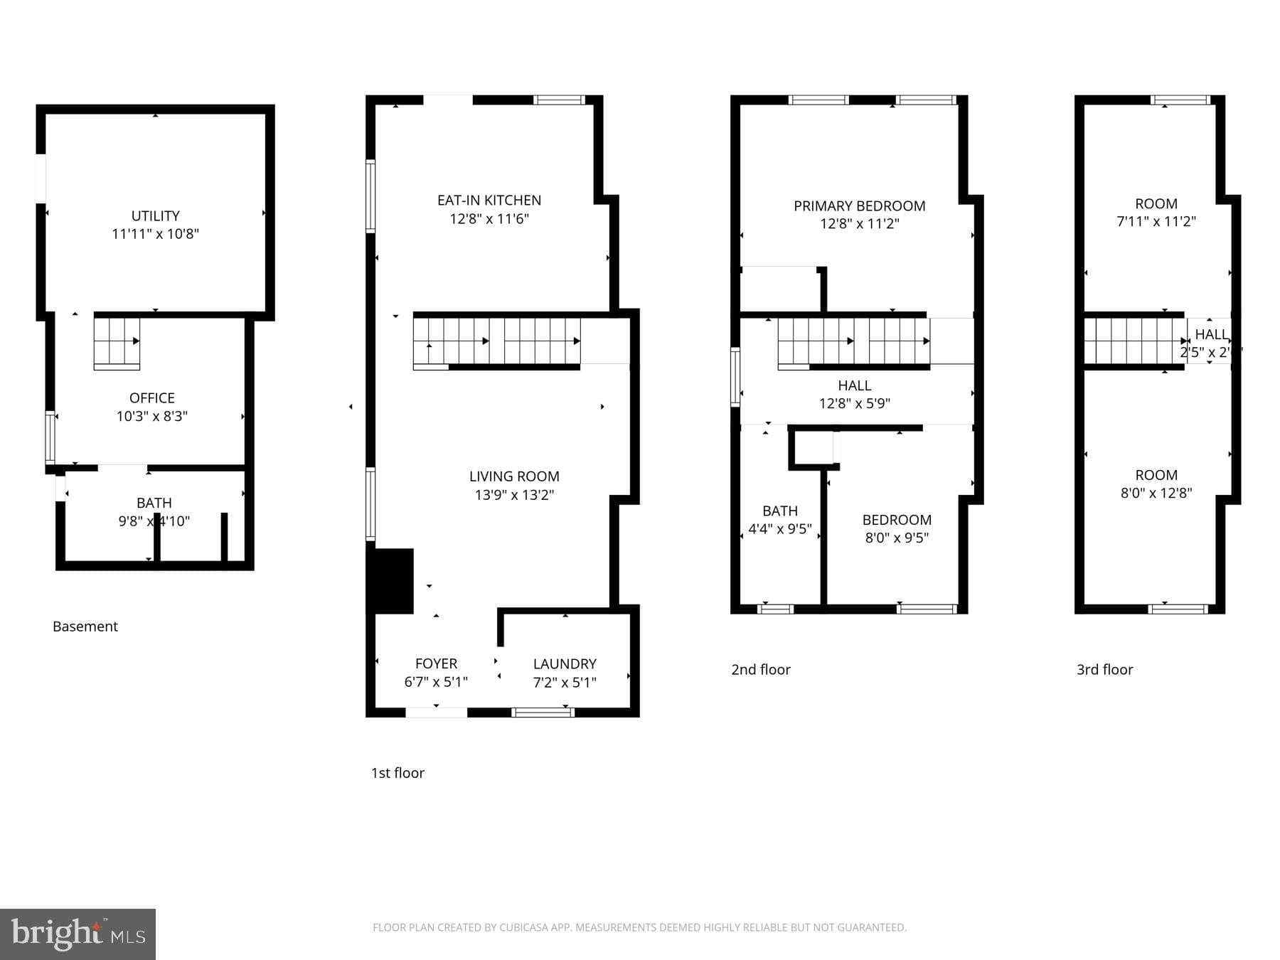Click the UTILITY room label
click(x=155, y=215)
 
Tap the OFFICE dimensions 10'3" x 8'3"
click(x=151, y=416)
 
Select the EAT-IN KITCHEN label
click(x=489, y=201)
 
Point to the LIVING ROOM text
click(x=513, y=476)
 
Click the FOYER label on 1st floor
click(x=436, y=663)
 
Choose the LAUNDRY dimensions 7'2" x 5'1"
click(x=565, y=683)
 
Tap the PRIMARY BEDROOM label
click(x=859, y=206)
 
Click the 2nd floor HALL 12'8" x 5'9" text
click(x=854, y=395)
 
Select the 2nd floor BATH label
click(x=779, y=511)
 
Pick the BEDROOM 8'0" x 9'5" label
click(x=896, y=528)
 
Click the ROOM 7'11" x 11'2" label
click(x=1156, y=212)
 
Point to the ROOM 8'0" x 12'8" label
click(x=1156, y=484)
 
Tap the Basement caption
click(x=85, y=626)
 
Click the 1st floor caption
click(x=398, y=773)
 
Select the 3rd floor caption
click(x=1104, y=670)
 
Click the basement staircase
click(x=117, y=343)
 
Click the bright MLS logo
click(x=78, y=934)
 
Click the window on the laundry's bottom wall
click(x=543, y=711)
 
